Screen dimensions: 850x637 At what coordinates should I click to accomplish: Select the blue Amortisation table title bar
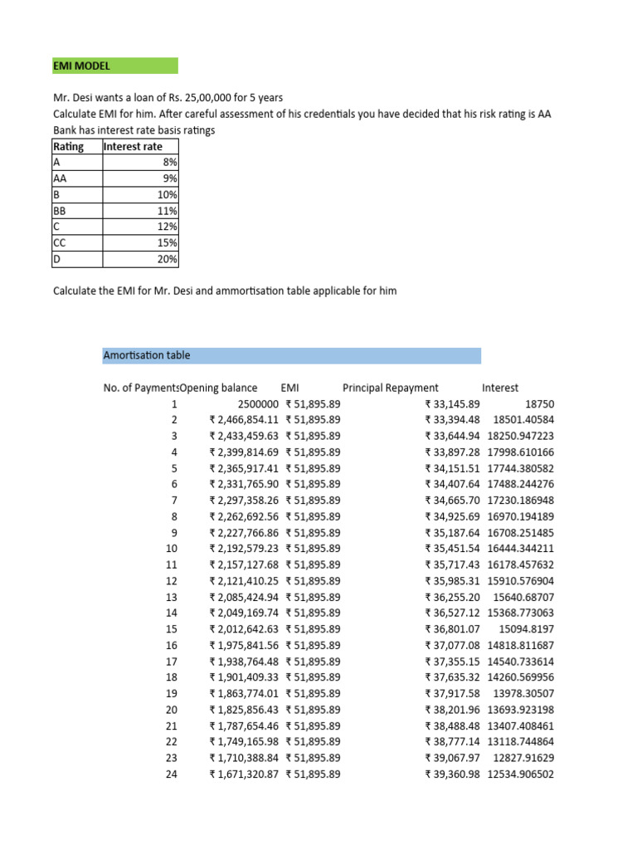[291, 355]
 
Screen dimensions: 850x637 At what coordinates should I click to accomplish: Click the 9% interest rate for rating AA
[170, 178]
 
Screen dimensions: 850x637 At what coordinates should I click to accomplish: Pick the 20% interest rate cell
[168, 259]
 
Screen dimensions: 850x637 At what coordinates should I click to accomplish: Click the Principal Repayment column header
[391, 388]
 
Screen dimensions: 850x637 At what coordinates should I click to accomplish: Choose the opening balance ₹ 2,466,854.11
[244, 420]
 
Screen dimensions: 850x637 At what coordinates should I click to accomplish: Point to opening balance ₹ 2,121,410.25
[244, 581]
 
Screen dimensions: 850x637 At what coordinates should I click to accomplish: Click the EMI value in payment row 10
[313, 549]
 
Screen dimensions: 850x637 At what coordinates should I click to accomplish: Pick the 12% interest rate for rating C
[168, 227]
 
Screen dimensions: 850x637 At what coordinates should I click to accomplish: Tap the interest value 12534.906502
[520, 774]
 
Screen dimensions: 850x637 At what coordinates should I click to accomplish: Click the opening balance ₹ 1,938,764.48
[244, 662]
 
